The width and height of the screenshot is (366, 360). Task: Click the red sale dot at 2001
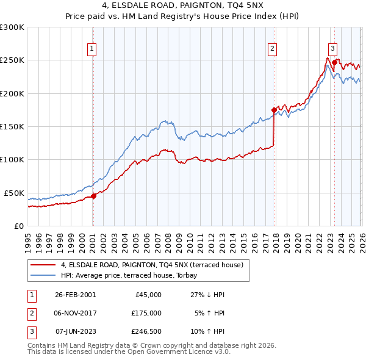(x=93, y=196)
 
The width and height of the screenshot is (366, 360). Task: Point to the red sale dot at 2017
(x=274, y=110)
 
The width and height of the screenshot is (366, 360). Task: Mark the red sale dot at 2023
(x=334, y=63)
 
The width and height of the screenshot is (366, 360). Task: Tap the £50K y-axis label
(x=15, y=193)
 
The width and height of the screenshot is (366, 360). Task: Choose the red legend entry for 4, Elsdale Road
(x=152, y=265)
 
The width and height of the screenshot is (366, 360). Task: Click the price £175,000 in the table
(x=146, y=312)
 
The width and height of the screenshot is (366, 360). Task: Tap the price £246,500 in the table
(x=146, y=331)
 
